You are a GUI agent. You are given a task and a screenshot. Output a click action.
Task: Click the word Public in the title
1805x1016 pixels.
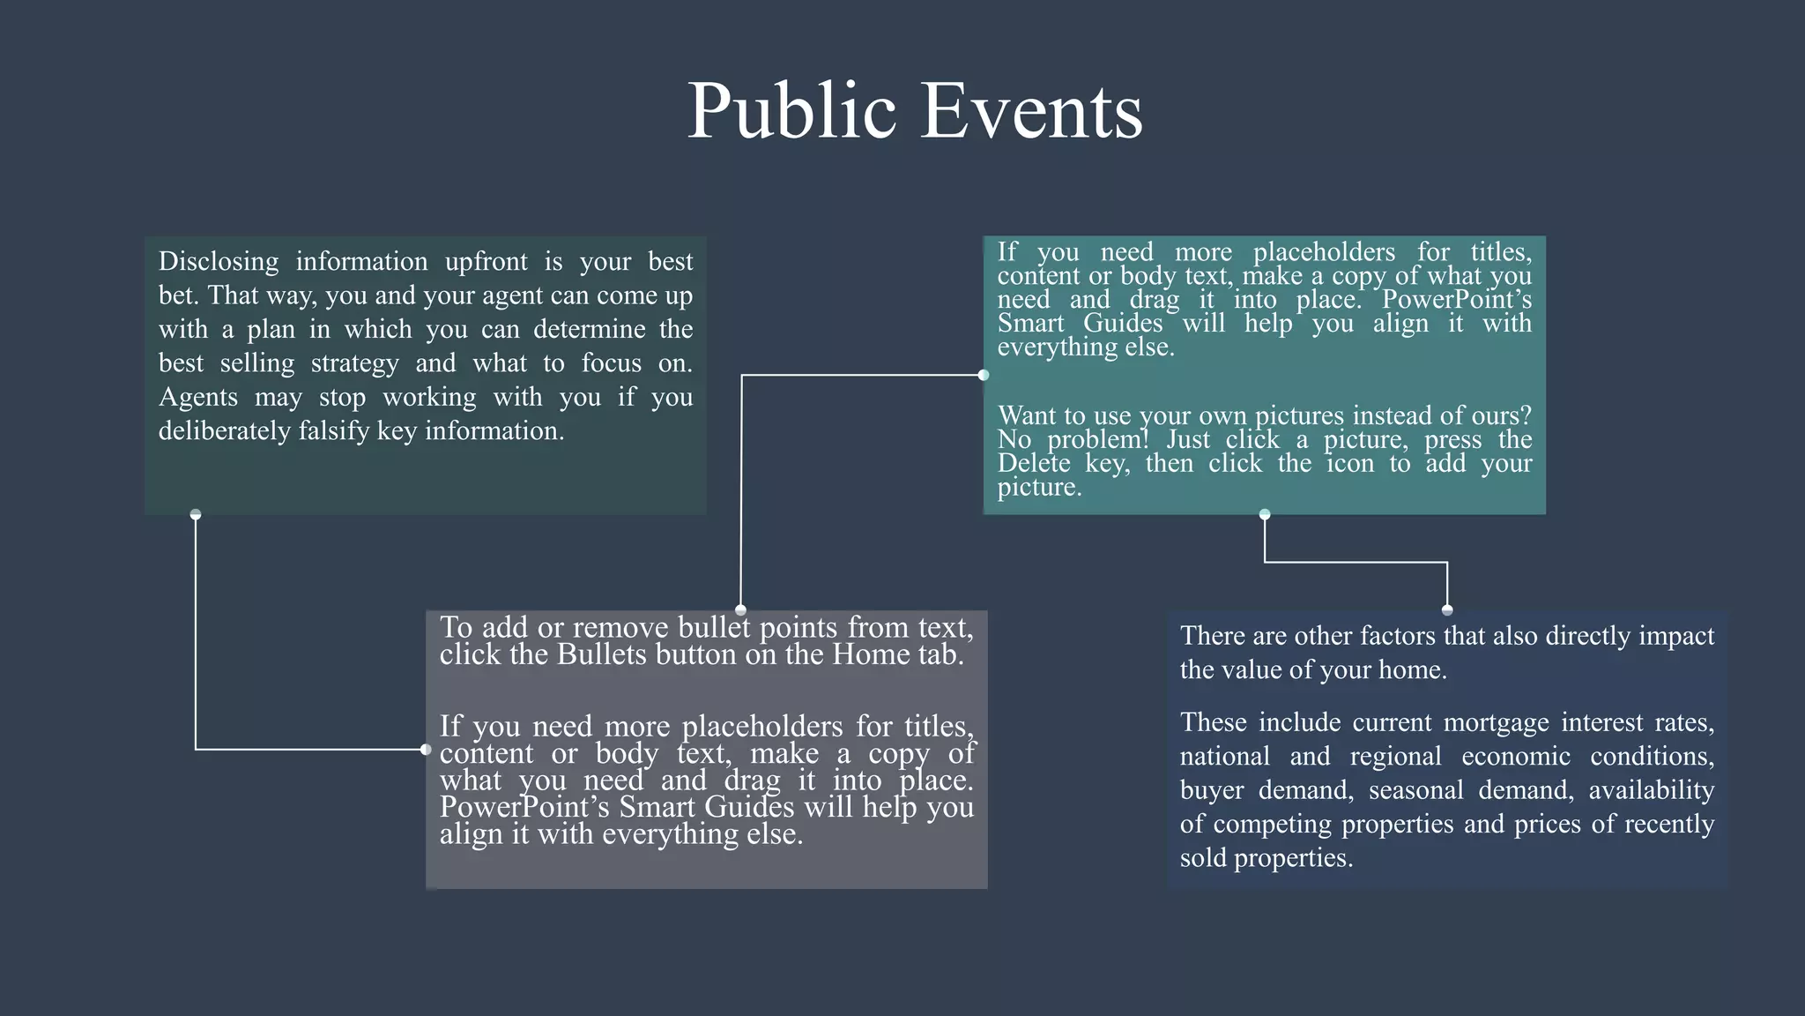coord(791,111)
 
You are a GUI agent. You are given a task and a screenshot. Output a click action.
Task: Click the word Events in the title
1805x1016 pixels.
coord(1031,111)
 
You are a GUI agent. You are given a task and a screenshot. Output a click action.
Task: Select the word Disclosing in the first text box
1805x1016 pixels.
coord(219,262)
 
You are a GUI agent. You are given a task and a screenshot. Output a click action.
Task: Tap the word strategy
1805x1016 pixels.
coord(354,363)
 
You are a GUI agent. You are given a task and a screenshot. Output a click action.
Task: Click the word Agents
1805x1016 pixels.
coord(198,398)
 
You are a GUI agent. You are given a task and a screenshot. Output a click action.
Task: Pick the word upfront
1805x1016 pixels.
coord(487,262)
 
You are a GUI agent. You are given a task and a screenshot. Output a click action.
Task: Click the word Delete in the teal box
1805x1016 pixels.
coord(1033,464)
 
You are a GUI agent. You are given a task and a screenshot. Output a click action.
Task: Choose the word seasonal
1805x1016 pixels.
coord(1415,790)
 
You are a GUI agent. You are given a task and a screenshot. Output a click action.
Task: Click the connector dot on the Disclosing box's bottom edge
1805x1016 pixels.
coord(196,514)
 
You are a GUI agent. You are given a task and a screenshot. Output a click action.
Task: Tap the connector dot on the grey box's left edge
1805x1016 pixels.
coord(427,750)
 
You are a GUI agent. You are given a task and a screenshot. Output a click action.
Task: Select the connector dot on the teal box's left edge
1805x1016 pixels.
coord(984,375)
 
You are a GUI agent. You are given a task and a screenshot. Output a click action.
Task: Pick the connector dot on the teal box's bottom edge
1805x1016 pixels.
coord(1265,514)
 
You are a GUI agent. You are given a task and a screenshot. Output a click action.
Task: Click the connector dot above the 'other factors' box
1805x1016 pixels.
coord(1447,609)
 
